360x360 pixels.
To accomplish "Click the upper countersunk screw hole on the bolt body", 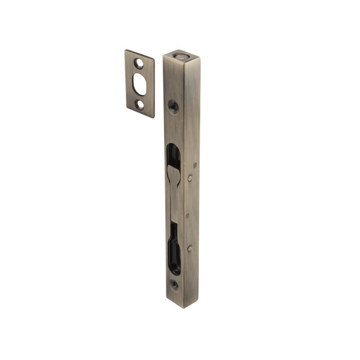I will [173, 106].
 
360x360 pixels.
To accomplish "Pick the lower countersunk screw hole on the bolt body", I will [174, 284].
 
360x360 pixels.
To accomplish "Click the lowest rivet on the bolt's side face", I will [191, 248].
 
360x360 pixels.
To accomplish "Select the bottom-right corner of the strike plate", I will [153, 118].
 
